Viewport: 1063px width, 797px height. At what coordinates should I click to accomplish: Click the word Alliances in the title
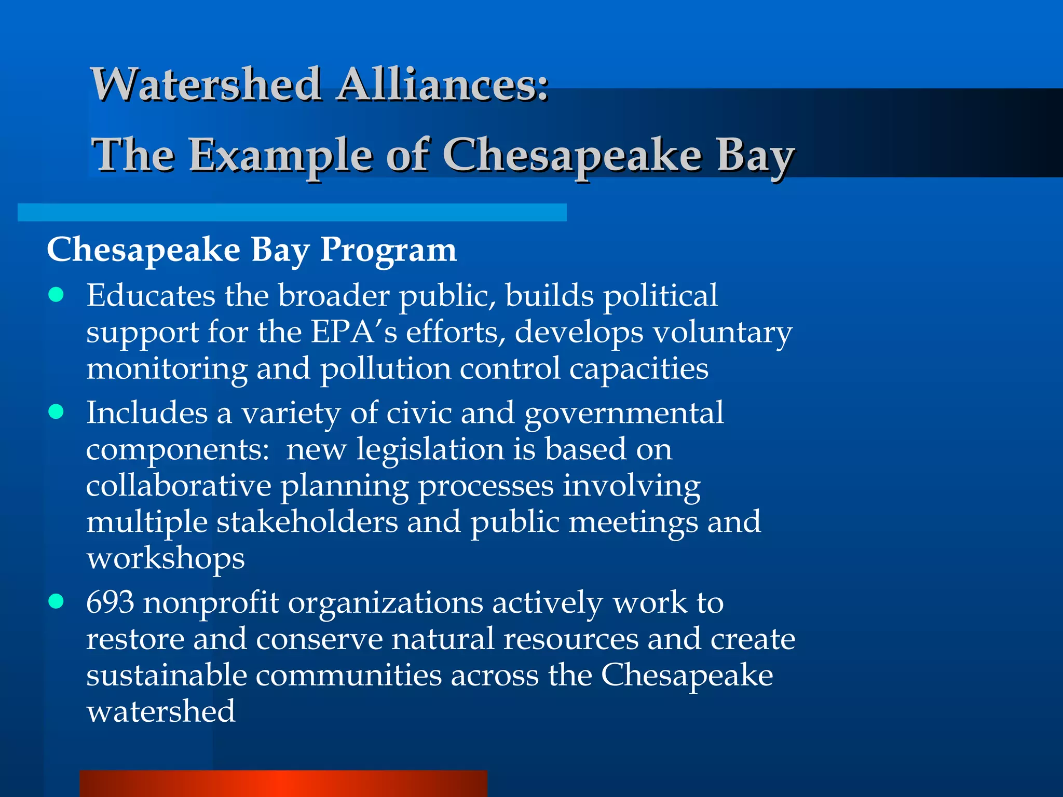pyautogui.click(x=442, y=85)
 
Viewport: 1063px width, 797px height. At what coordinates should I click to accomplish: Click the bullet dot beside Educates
pyautogui.click(x=56, y=295)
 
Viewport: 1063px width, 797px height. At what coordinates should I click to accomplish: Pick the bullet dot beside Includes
pyautogui.click(x=56, y=412)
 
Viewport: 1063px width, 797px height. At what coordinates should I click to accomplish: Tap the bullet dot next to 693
pyautogui.click(x=56, y=601)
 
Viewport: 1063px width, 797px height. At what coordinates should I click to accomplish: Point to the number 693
pyautogui.click(x=110, y=602)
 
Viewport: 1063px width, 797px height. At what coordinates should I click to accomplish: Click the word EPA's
pyautogui.click(x=354, y=332)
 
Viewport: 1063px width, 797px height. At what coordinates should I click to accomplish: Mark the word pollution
pyautogui.click(x=385, y=369)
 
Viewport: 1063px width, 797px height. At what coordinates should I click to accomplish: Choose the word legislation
pyautogui.click(x=430, y=449)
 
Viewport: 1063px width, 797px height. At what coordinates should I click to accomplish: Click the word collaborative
pyautogui.click(x=179, y=486)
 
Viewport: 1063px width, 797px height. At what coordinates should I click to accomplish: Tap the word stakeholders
pyautogui.click(x=307, y=521)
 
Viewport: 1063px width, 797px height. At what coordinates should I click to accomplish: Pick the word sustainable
pyautogui.click(x=166, y=675)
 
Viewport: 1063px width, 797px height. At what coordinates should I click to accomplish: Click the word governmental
pyautogui.click(x=623, y=414)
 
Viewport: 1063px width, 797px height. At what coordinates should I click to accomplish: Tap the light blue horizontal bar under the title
pyautogui.click(x=292, y=212)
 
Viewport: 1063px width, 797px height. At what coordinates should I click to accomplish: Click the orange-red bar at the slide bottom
pyautogui.click(x=283, y=784)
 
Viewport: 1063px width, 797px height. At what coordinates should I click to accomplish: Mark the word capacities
pyautogui.click(x=638, y=369)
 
